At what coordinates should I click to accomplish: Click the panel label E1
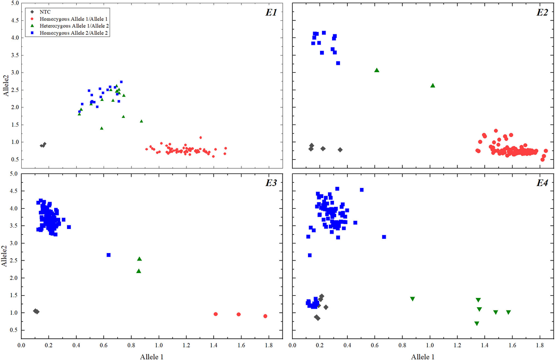[271, 12]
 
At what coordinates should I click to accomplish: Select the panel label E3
[271, 183]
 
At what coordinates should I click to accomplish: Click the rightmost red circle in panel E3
[265, 316]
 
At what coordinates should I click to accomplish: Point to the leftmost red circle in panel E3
[216, 314]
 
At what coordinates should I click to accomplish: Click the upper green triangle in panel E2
[377, 70]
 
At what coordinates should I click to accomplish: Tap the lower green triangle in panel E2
[433, 86]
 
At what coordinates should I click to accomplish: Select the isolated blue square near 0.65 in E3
[109, 255]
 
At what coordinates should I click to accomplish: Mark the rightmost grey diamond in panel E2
[340, 149]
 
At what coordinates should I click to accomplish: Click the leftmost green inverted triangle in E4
[413, 299]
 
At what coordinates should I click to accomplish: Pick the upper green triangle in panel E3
[139, 259]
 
